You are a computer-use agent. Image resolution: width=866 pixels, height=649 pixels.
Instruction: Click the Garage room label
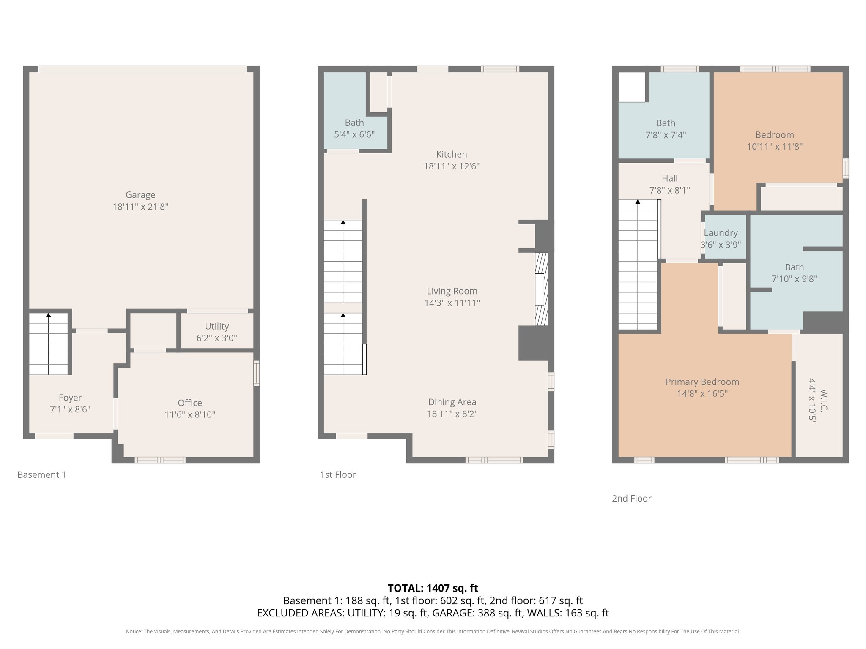[x=140, y=195]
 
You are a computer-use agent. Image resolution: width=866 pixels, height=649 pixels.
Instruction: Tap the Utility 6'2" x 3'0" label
[x=216, y=332]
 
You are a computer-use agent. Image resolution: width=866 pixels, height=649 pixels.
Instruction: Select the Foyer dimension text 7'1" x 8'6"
[x=70, y=409]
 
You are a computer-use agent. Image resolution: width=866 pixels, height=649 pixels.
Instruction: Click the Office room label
[x=189, y=403]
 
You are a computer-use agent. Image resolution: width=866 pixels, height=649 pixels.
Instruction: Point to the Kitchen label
[x=451, y=155]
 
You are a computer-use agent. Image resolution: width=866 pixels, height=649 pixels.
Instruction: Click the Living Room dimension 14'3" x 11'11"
[x=452, y=303]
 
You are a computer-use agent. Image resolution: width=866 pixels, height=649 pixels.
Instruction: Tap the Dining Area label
[x=452, y=402]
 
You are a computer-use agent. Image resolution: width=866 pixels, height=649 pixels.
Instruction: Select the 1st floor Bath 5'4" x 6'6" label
[x=354, y=129]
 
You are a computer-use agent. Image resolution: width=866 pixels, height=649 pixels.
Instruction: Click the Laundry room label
[x=721, y=233]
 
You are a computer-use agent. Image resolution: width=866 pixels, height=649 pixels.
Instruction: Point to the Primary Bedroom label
[x=702, y=382]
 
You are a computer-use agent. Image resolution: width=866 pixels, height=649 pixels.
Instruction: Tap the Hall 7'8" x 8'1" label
[x=669, y=184]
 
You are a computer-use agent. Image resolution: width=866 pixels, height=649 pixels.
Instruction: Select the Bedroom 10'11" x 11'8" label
[x=774, y=141]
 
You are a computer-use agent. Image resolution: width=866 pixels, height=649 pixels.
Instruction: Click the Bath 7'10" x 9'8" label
[x=794, y=273]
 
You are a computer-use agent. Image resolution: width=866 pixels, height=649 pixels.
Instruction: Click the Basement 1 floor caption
[x=41, y=475]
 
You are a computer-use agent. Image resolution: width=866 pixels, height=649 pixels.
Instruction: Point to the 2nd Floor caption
[x=631, y=499]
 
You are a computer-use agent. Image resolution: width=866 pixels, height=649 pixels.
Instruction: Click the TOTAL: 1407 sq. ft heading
[x=433, y=588]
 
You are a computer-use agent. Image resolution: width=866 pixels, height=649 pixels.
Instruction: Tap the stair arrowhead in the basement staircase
[x=49, y=315]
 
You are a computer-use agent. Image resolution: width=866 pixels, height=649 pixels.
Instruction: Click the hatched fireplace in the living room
[x=541, y=289]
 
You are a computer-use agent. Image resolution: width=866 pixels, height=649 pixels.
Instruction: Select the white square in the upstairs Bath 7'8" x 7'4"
[x=632, y=87]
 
